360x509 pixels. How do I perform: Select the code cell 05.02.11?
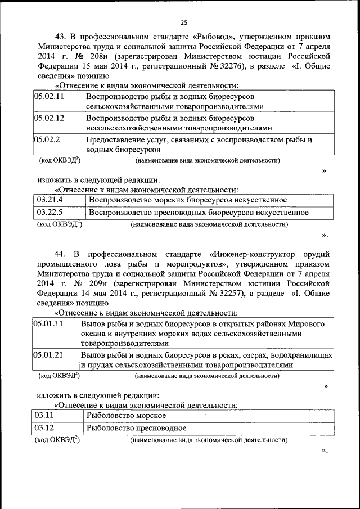(x=49, y=96)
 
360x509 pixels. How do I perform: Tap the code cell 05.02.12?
(x=49, y=118)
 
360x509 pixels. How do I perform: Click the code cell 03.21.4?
(x=49, y=200)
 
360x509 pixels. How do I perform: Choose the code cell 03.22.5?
(x=49, y=212)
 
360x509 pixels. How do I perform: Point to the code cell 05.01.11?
(x=48, y=324)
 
